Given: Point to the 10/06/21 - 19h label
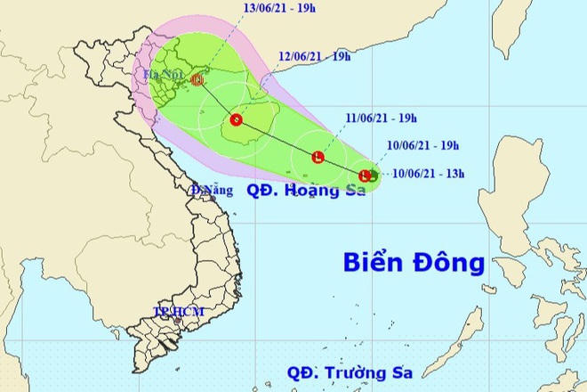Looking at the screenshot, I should click(422, 143).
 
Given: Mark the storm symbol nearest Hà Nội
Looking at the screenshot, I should click(197, 80).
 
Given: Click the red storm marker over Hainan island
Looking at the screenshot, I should click(236, 119).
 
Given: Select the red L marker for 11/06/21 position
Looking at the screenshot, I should click(318, 159).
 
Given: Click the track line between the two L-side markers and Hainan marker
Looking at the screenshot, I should click(277, 139).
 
